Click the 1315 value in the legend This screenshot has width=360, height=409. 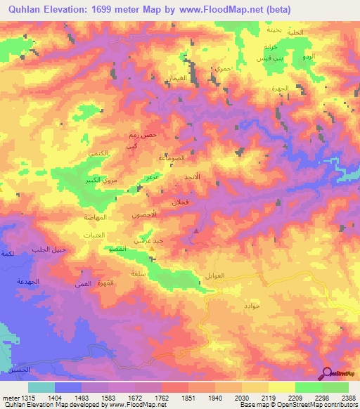[x=21, y=397]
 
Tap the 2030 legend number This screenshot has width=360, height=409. [x=242, y=397]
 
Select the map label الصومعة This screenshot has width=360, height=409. [x=173, y=159]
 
